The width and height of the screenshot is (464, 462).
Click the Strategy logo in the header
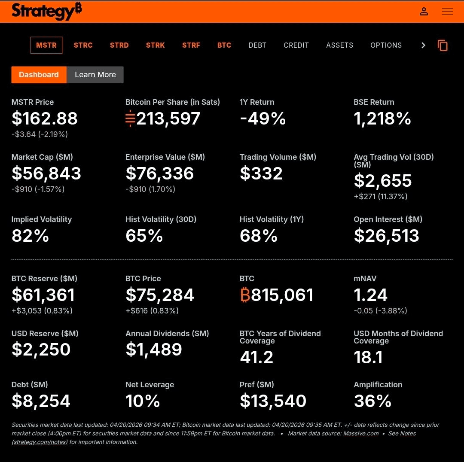coord(46,11)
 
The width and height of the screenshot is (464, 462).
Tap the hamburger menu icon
coord(447,12)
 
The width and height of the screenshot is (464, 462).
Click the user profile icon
coord(424,12)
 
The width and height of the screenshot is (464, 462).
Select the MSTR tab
coord(46,45)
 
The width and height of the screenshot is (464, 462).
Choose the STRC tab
coord(83,45)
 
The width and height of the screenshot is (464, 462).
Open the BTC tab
coord(224,45)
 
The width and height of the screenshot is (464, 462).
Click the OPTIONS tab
coord(386,45)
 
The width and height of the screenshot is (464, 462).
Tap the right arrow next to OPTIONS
coord(423,45)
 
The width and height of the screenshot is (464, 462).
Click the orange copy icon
coord(443,45)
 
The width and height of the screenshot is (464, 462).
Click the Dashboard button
coord(39,75)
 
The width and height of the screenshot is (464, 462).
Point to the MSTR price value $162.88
coord(45,119)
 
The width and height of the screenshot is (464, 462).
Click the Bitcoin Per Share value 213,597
coord(168,119)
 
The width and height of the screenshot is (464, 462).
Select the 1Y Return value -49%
coord(263,119)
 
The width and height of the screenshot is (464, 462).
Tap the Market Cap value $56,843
coord(46,173)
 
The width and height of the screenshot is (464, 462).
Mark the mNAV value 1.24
coord(370,295)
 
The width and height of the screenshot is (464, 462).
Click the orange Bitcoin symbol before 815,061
coord(245,295)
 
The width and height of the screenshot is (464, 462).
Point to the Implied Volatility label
coord(42,219)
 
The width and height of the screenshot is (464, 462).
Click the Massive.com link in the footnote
coord(360,433)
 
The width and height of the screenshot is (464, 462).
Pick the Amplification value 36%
coord(372,401)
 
